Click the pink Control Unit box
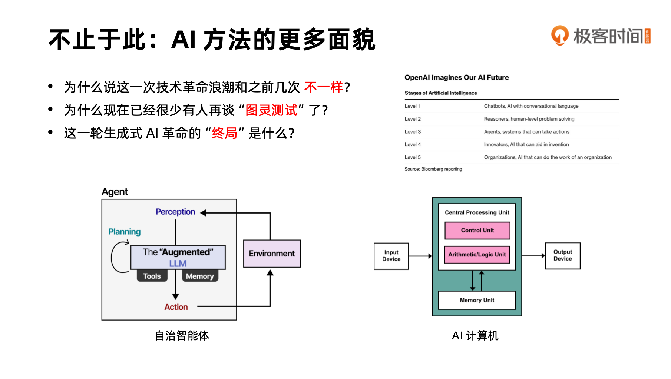pyautogui.click(x=477, y=230)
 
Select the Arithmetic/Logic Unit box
pyautogui.click(x=477, y=255)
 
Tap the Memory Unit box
pyautogui.click(x=477, y=300)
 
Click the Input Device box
pyautogui.click(x=391, y=256)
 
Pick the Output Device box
pyautogui.click(x=562, y=255)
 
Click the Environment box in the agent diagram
pyautogui.click(x=272, y=254)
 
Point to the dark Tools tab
pyautogui.click(x=152, y=276)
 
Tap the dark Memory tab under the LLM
pyautogui.click(x=200, y=276)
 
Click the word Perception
pyautogui.click(x=175, y=212)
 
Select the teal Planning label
pyautogui.click(x=125, y=232)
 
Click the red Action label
pyautogui.click(x=176, y=307)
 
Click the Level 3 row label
pyautogui.click(x=413, y=132)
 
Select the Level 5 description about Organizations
pyautogui.click(x=548, y=157)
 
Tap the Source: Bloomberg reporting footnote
pyautogui.click(x=433, y=169)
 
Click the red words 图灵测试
pyautogui.click(x=271, y=110)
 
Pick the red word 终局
pyautogui.click(x=224, y=133)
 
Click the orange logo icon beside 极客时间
pyautogui.click(x=560, y=36)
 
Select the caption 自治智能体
pyautogui.click(x=182, y=336)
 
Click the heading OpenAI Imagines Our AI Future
pyautogui.click(x=456, y=77)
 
